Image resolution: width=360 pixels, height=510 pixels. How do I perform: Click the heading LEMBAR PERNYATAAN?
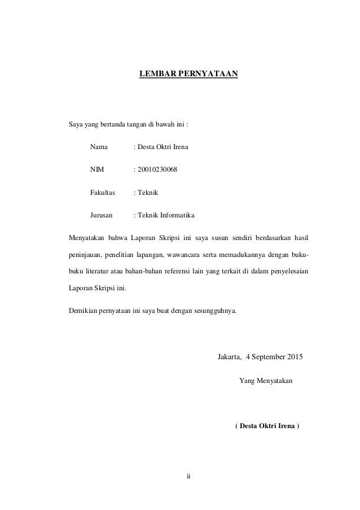tap(188, 74)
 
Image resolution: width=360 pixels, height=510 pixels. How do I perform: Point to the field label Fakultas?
tap(102, 192)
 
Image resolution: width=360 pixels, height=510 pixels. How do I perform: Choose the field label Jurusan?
tap(101, 215)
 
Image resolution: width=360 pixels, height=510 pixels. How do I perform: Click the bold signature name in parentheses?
tap(267, 425)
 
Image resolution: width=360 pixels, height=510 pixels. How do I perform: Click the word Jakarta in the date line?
tap(230, 357)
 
